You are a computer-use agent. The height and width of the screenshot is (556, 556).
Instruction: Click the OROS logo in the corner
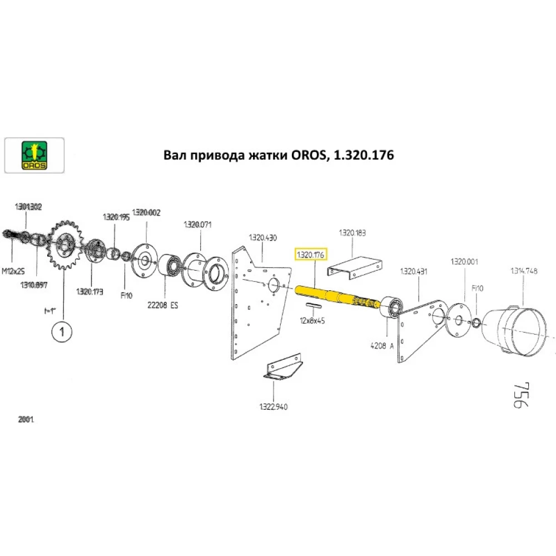point(34,155)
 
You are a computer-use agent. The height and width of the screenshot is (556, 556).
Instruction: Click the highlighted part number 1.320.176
point(312,255)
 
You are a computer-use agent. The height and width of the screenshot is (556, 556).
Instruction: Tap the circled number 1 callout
point(62,332)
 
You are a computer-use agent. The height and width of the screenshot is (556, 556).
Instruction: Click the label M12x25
point(13,271)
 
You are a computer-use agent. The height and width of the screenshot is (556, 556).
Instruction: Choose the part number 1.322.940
point(272,406)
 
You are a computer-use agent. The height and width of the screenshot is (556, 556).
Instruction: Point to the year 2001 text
point(26,420)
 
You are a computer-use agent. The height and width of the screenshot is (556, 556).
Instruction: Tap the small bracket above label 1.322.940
point(282,368)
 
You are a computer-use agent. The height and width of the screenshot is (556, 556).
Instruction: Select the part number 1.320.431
point(414,271)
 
